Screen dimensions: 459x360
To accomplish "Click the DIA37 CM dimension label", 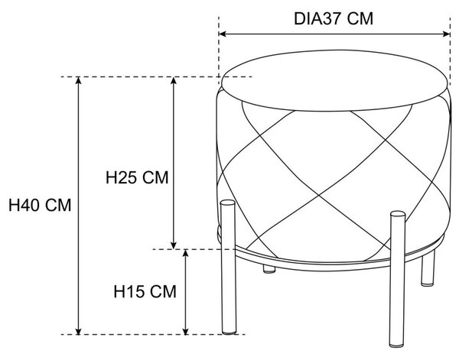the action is coord(334,19).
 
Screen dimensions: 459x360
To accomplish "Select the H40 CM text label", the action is coord(40,205).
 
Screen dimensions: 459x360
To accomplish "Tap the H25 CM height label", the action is coord(137,177).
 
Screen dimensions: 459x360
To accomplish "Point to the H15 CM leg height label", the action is coord(145,291).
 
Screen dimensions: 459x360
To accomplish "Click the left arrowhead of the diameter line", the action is coord(222,34).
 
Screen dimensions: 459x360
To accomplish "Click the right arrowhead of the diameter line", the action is coord(447,34).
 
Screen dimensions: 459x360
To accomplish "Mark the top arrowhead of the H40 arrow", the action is coord(78,80).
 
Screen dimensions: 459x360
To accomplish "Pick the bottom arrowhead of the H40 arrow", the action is coord(78,331).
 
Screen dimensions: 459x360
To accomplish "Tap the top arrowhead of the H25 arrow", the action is coord(174,80).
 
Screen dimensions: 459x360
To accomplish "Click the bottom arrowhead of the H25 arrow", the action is coord(174,245).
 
